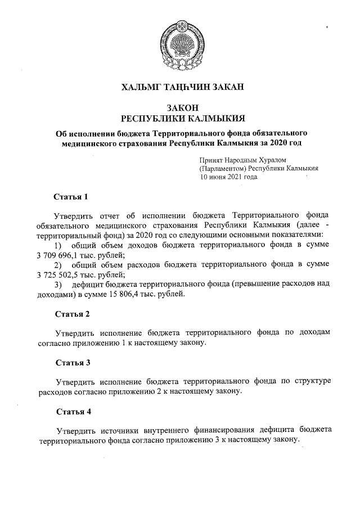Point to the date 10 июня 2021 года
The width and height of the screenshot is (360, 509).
point(229,176)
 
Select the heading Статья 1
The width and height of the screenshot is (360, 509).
point(70,197)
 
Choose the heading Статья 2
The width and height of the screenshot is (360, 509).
point(73,313)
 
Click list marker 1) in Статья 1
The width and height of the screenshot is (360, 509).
point(57,245)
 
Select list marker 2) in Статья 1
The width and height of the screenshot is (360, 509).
point(57,265)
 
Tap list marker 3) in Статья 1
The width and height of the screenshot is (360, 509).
point(57,285)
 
